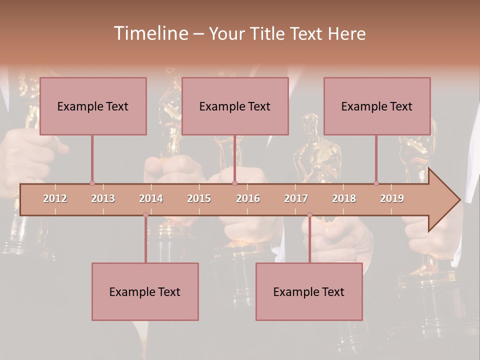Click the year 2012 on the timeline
tap(55, 198)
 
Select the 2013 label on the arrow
tap(103, 198)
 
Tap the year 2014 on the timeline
tap(151, 198)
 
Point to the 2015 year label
tap(199, 198)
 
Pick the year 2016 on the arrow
tap(248, 198)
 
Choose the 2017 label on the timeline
tap(296, 198)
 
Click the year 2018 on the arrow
tap(344, 198)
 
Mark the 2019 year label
tap(392, 198)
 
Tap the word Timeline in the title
tap(149, 33)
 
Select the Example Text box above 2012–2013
tap(93, 106)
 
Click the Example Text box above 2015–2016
tap(235, 106)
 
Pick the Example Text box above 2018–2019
tap(377, 106)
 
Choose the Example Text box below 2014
tap(145, 291)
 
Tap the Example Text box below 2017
tap(309, 291)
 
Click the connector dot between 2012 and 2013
tap(92, 183)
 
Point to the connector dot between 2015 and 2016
tap(234, 183)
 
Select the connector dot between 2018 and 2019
tap(376, 183)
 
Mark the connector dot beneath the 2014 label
tap(145, 214)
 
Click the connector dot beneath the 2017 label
tap(309, 214)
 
